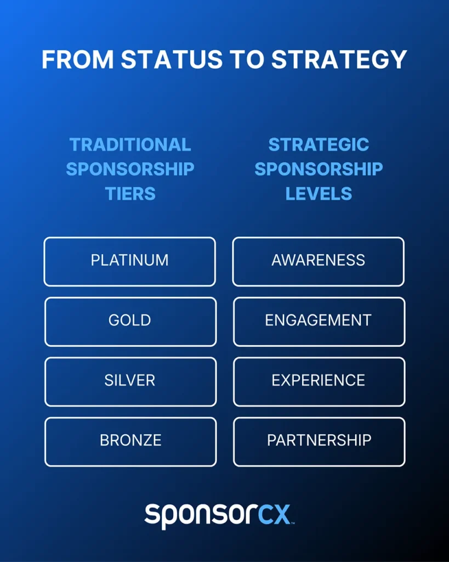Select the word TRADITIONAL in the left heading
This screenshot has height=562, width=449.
click(130, 145)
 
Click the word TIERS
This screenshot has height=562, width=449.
click(130, 194)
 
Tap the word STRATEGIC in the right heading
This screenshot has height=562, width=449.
click(319, 145)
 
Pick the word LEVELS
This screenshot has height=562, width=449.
click(319, 194)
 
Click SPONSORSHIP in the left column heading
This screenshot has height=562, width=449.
click(130, 169)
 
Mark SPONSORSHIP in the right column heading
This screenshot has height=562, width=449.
click(319, 169)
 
